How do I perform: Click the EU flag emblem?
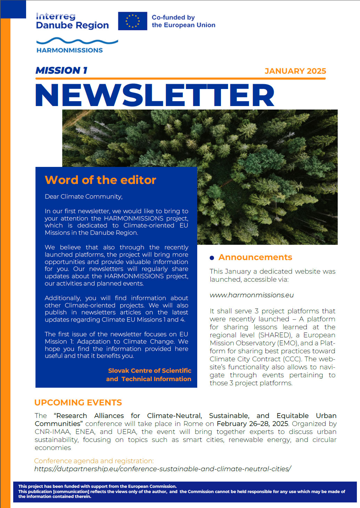click(x=132, y=21)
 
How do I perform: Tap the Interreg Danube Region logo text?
click(x=72, y=21)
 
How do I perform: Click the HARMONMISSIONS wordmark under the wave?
click(x=70, y=50)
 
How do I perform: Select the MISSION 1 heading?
click(x=61, y=71)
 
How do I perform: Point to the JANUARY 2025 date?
click(x=295, y=71)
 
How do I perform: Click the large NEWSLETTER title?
click(x=155, y=95)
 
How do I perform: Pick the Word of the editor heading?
click(x=100, y=180)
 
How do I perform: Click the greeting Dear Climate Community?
click(x=83, y=196)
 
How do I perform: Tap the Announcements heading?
click(x=255, y=257)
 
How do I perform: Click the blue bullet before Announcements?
click(x=212, y=258)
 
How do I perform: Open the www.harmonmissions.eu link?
click(x=251, y=295)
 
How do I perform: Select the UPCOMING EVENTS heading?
click(x=78, y=403)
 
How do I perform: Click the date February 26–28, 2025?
click(x=252, y=424)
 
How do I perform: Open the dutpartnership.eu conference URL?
click(x=162, y=469)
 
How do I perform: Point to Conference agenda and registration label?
click(x=94, y=461)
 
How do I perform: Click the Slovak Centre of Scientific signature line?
click(x=150, y=371)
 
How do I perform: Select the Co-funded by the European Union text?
click(x=183, y=21)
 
